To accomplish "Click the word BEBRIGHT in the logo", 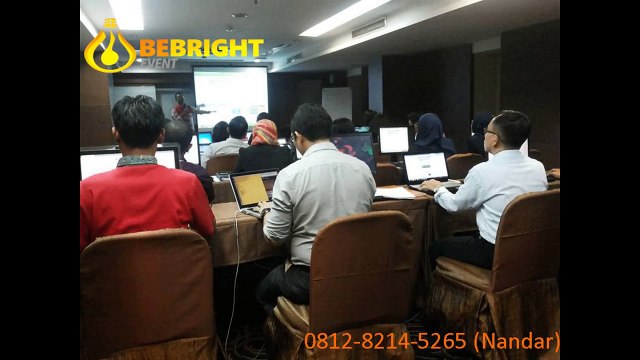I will click(x=200, y=48).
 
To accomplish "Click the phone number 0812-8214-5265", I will click(x=386, y=341).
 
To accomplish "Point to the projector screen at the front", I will click(x=230, y=95).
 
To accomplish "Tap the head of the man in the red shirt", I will click(x=139, y=121).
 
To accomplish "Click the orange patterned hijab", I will click(x=264, y=133).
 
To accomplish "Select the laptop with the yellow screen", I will click(x=250, y=188).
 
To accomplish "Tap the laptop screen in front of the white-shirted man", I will click(x=426, y=167).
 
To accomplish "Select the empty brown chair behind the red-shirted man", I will click(x=148, y=296).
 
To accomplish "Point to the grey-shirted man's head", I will click(x=310, y=124).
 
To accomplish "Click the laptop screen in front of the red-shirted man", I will click(x=100, y=163).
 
